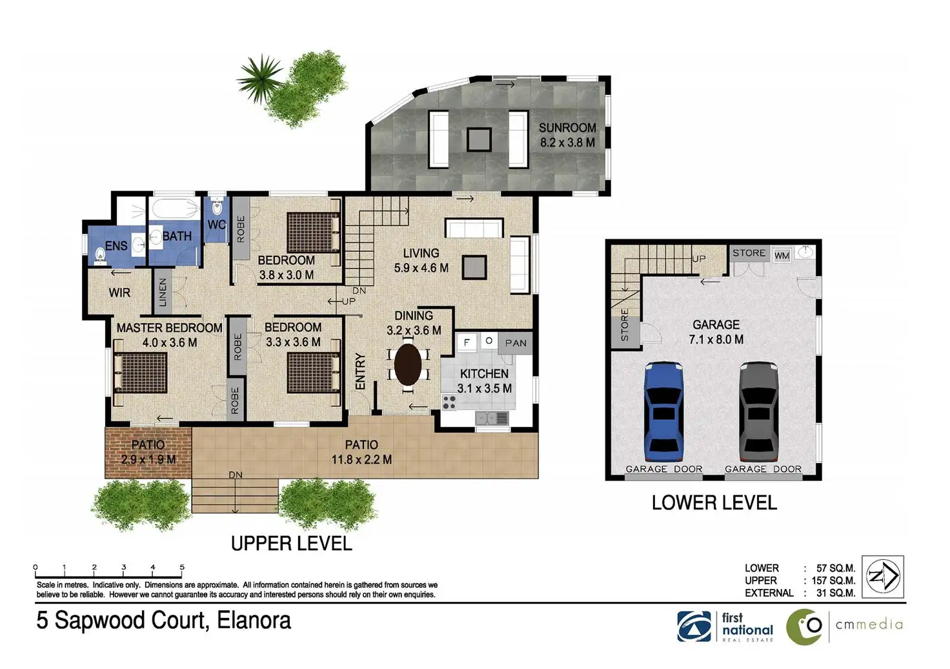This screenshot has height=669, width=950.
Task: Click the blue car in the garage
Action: pyautogui.click(x=663, y=411)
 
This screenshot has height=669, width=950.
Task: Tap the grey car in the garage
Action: pyautogui.click(x=759, y=411)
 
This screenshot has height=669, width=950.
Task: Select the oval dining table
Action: pyautogui.click(x=408, y=364)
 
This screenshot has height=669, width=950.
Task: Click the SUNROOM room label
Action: pyautogui.click(x=567, y=128)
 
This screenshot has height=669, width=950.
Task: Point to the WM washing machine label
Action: pyautogui.click(x=782, y=256)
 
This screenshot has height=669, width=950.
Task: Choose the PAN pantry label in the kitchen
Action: pyautogui.click(x=516, y=343)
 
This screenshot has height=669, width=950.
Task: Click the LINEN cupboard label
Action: pyautogui.click(x=163, y=292)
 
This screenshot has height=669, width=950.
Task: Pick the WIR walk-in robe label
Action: pyautogui.click(x=119, y=293)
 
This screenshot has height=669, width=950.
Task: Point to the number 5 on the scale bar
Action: pyautogui.click(x=182, y=567)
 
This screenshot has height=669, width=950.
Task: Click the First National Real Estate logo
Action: pyautogui.click(x=725, y=626)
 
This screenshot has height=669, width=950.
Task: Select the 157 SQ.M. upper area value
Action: pyautogui.click(x=833, y=581)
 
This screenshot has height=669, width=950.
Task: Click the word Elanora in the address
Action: pyautogui.click(x=254, y=620)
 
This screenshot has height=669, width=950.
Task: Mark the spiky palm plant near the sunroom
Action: pyautogui.click(x=259, y=77)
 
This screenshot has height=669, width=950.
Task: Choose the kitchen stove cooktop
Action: pyautogui.click(x=449, y=402)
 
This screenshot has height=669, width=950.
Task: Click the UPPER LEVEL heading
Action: pyautogui.click(x=291, y=544)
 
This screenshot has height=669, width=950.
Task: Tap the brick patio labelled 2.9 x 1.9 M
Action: pyautogui.click(x=148, y=453)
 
